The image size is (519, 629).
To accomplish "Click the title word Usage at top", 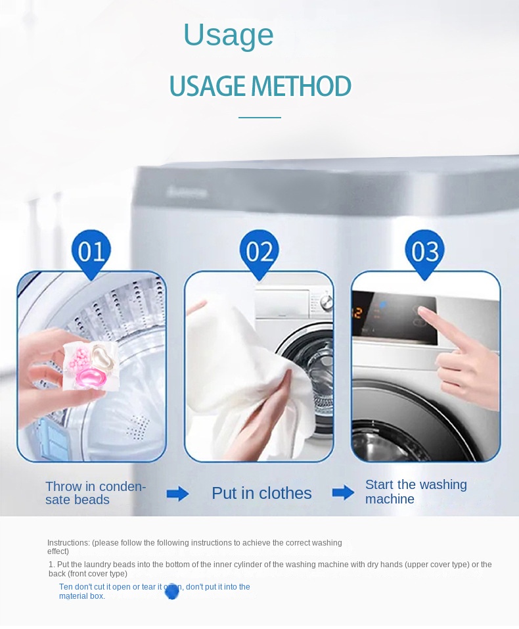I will point(228,35).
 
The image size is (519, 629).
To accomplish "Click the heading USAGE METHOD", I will point(260,86).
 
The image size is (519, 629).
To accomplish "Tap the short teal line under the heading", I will point(259,118).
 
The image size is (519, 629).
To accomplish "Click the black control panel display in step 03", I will point(394,319).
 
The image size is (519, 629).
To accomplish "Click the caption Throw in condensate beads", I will point(95,493).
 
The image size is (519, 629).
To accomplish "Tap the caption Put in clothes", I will point(261,494).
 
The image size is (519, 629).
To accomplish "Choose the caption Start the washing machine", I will point(415,492).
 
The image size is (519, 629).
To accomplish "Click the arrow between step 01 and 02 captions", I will point(177,494).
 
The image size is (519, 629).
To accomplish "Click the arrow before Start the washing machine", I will point(343,493).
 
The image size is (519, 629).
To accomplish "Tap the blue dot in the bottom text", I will point(171,592).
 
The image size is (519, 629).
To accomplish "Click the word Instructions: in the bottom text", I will point(68,543).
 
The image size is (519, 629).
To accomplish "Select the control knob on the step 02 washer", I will point(325,304).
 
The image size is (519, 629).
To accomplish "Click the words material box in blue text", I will point(81,596).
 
